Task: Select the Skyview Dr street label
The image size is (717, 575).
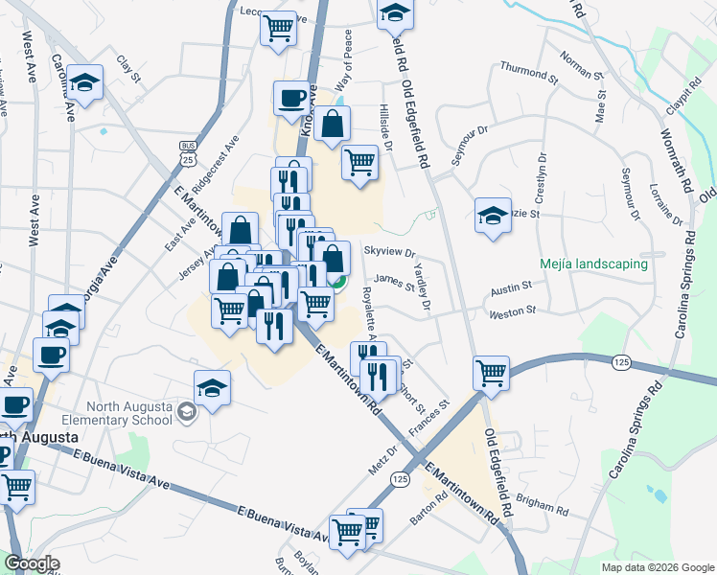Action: click(389, 253)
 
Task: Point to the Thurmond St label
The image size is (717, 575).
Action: click(528, 72)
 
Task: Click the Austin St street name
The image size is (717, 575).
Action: click(511, 287)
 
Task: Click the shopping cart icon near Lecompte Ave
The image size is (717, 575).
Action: click(278, 29)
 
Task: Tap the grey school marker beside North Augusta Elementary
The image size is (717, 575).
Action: click(186, 411)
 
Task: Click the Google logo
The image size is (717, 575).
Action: click(32, 563)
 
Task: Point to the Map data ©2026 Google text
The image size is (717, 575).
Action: click(658, 566)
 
